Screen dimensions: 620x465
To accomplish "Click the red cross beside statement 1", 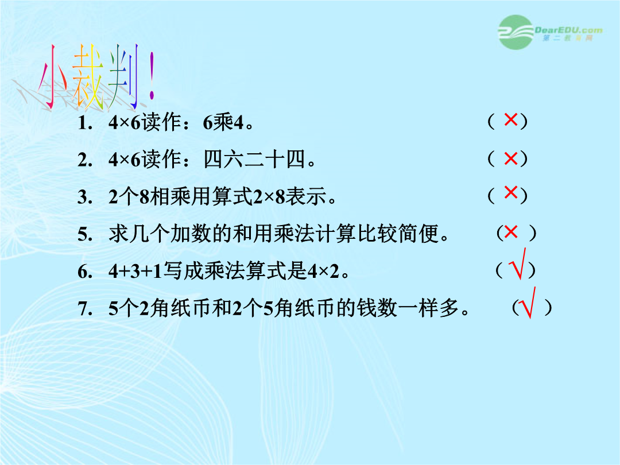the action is (511, 119).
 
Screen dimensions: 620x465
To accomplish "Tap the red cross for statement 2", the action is (511, 158).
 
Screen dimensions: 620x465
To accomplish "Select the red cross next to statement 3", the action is (511, 192).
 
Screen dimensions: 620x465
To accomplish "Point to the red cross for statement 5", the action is (511, 232).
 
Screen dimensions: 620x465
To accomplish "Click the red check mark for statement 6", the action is (519, 264).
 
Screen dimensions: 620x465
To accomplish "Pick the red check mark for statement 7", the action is (528, 303).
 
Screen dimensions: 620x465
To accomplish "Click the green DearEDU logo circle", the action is (516, 32).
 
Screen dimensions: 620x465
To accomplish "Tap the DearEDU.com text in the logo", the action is (568, 30).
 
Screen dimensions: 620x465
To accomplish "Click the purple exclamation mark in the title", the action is (152, 76).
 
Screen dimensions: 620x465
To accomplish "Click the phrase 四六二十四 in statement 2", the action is (255, 160).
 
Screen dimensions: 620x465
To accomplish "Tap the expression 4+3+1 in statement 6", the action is (135, 271).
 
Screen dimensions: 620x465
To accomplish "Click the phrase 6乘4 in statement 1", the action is (223, 123).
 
